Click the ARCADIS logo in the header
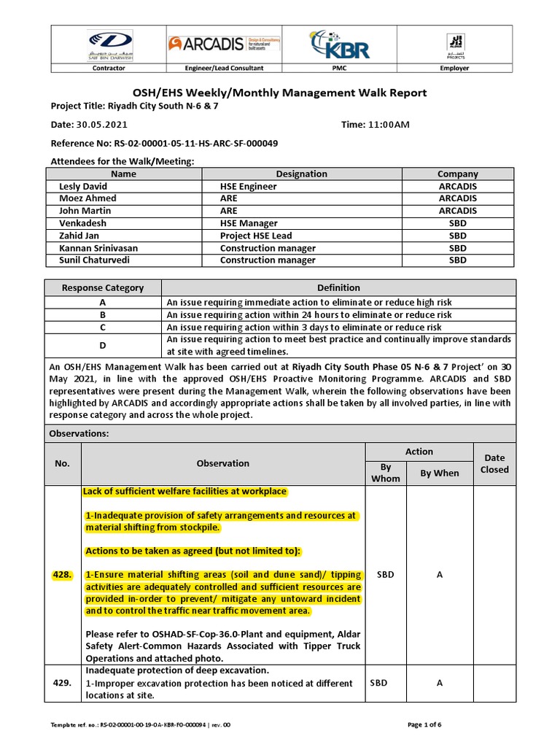[x=219, y=44]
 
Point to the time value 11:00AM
[x=388, y=125]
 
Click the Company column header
[x=457, y=174]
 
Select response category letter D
[x=102, y=345]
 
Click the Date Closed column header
[x=494, y=463]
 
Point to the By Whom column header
[x=385, y=473]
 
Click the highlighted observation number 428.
[x=62, y=575]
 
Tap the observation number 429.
[x=62, y=684]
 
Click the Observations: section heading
[x=78, y=433]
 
